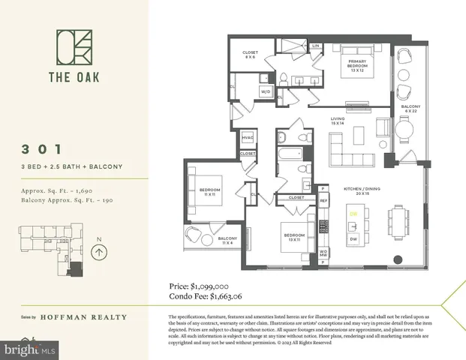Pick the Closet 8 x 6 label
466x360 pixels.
(251, 55)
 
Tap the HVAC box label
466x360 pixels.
(248, 139)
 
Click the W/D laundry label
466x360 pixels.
(266, 91)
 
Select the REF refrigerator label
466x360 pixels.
(323, 201)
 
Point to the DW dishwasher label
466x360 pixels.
(353, 238)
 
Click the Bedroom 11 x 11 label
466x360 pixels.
(209, 193)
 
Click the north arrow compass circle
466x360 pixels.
(98, 253)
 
